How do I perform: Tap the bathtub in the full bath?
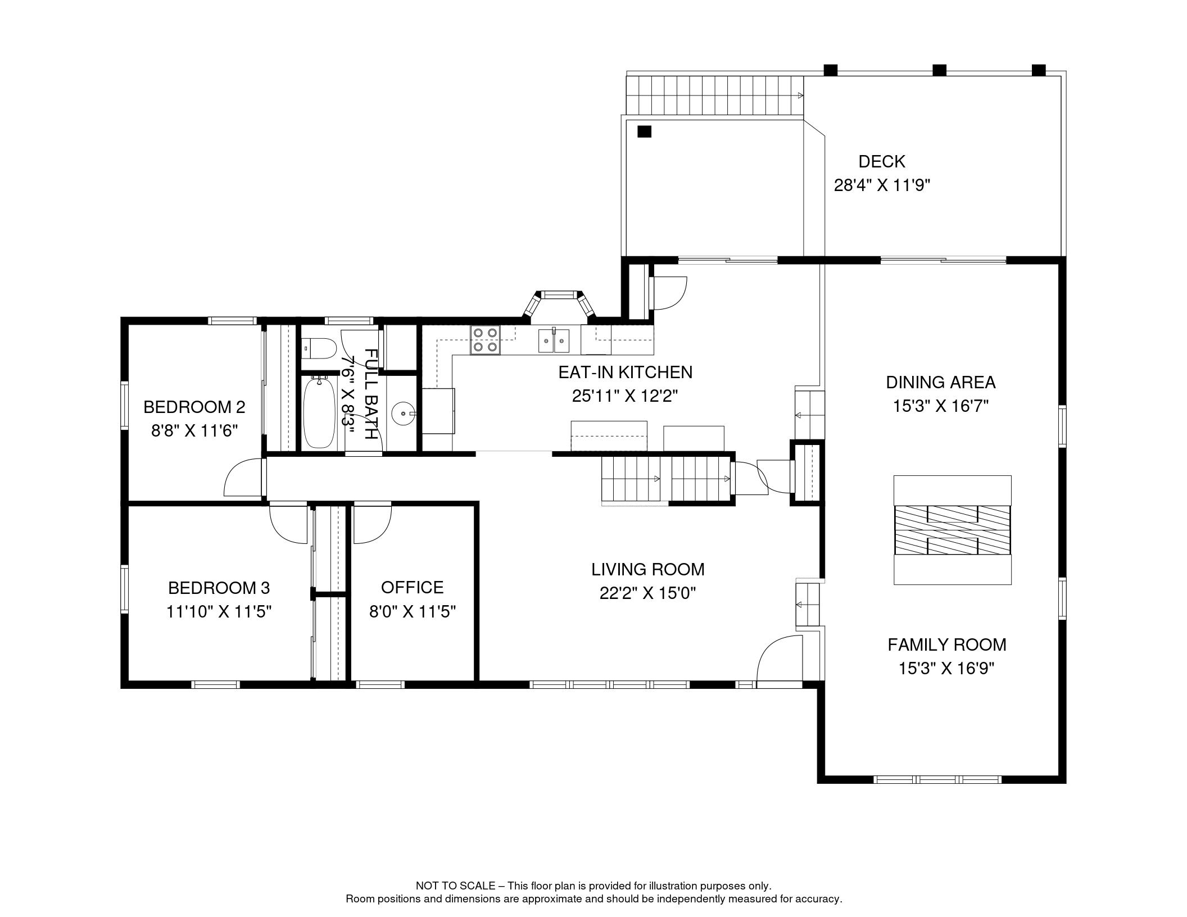pos(320,413)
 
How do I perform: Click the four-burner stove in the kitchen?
pos(486,340)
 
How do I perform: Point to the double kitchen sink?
pos(554,340)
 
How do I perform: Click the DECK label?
pos(882,162)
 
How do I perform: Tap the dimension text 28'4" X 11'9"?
pos(882,185)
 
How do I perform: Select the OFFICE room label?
pos(412,587)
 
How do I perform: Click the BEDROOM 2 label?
pos(194,406)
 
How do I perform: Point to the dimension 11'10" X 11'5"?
pos(219,611)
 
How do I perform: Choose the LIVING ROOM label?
pos(647,569)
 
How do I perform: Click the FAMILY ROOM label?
pos(946,644)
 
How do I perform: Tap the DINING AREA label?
pos(940,382)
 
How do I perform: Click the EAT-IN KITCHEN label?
pos(625,372)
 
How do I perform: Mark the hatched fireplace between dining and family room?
pos(952,530)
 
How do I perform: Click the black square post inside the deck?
pos(644,131)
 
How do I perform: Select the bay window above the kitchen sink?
pos(559,304)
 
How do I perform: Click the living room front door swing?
pos(779,658)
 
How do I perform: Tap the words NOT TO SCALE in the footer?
pos(455,886)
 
